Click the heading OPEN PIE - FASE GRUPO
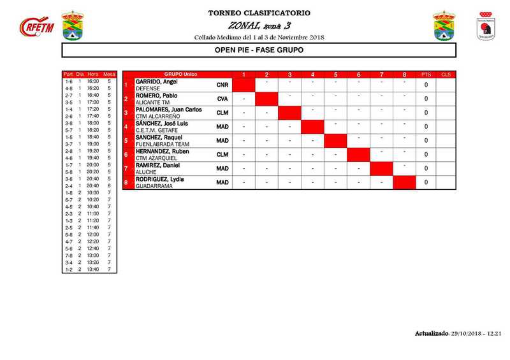pyautogui.click(x=259, y=50)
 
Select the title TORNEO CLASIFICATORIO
pyautogui.click(x=259, y=13)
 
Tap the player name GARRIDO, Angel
pyautogui.click(x=156, y=82)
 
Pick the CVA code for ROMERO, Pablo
pyautogui.click(x=222, y=99)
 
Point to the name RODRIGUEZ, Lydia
pyautogui.click(x=160, y=179)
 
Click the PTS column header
pyautogui.click(x=426, y=75)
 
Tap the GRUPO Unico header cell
pyautogui.click(x=177, y=75)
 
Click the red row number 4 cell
pyautogui.click(x=127, y=127)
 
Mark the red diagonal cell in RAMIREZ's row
pyautogui.click(x=381, y=169)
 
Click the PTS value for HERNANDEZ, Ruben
pyautogui.click(x=426, y=155)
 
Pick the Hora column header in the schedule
pyautogui.click(x=93, y=75)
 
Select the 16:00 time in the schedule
pyautogui.click(x=93, y=82)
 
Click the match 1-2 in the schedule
pyautogui.click(x=68, y=270)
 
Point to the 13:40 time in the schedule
pyautogui.click(x=93, y=270)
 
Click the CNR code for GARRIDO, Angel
pyautogui.click(x=222, y=85)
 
